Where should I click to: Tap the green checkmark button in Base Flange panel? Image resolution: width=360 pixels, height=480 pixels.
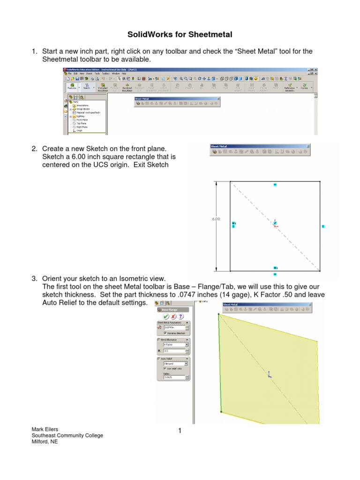(166, 316)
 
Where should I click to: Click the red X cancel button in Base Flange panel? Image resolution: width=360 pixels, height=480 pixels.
(173, 316)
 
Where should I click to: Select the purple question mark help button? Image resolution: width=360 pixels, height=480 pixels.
(180, 316)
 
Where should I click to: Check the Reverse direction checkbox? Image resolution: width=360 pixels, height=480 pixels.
(165, 333)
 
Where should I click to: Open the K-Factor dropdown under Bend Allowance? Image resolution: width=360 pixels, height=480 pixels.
(186, 344)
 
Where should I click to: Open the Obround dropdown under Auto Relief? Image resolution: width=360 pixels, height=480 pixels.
(186, 363)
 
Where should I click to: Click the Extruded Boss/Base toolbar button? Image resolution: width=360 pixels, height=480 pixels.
(102, 87)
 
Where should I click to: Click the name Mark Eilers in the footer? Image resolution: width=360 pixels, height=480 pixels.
(44, 429)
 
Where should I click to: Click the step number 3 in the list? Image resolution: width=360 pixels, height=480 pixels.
(34, 279)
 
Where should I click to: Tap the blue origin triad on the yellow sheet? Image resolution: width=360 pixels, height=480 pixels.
(269, 374)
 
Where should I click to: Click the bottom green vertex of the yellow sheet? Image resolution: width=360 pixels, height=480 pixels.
(221, 412)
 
